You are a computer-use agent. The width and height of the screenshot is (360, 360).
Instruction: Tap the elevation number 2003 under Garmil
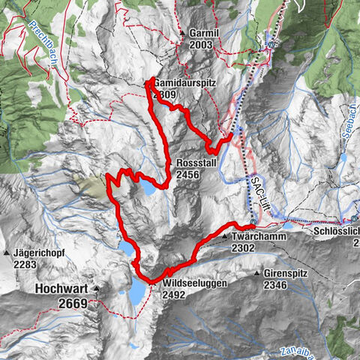pos(201,45)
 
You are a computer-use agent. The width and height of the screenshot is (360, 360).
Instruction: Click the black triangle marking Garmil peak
pos(181,34)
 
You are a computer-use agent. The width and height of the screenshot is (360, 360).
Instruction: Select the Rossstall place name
pos(198,163)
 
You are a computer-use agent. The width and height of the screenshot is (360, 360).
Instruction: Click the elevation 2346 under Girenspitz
pos(276,285)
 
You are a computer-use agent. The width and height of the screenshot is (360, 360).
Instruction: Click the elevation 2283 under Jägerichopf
pos(26,264)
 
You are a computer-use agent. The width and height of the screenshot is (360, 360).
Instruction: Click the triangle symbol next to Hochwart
pos(96,288)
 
